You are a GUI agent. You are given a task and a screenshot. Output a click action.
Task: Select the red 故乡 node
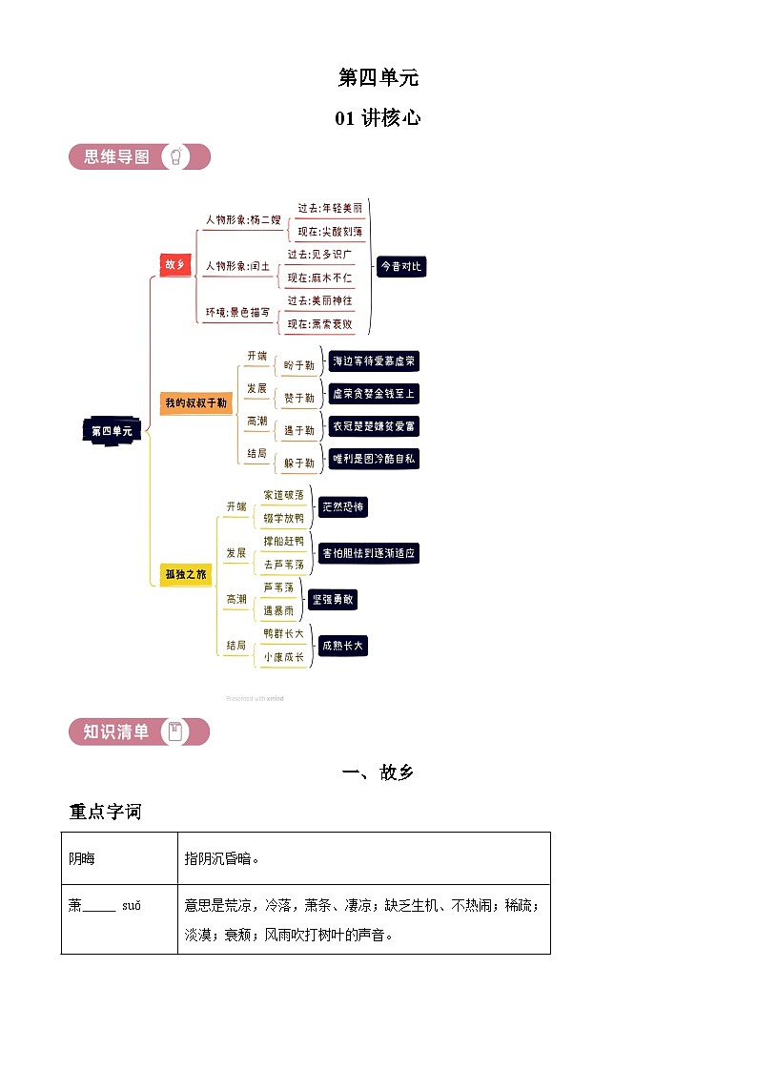[x=174, y=265]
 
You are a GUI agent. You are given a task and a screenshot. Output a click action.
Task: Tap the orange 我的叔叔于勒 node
[x=195, y=402]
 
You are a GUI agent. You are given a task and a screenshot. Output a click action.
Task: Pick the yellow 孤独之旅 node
[x=185, y=574]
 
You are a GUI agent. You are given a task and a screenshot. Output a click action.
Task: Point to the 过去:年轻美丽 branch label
[x=330, y=208]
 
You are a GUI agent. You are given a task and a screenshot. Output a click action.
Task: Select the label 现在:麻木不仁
[x=319, y=278]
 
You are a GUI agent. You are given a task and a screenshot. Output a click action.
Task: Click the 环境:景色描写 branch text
[x=237, y=312]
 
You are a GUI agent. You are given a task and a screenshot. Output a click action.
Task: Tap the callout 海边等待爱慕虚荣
[x=374, y=361]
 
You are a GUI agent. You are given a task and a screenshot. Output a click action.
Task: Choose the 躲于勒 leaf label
[x=298, y=463]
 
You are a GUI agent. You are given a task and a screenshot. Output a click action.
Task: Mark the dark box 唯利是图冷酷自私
[x=374, y=459]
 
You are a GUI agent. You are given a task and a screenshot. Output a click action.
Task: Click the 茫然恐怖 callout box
[x=342, y=507]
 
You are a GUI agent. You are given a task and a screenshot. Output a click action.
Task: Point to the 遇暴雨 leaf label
[x=284, y=609]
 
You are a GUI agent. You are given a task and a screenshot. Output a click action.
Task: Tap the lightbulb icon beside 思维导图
[x=176, y=156]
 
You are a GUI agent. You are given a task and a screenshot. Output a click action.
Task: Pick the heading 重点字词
[x=105, y=812]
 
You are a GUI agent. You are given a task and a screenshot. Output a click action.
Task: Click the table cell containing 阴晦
[x=119, y=858]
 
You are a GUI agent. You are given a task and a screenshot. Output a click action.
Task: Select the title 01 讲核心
[x=378, y=118]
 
